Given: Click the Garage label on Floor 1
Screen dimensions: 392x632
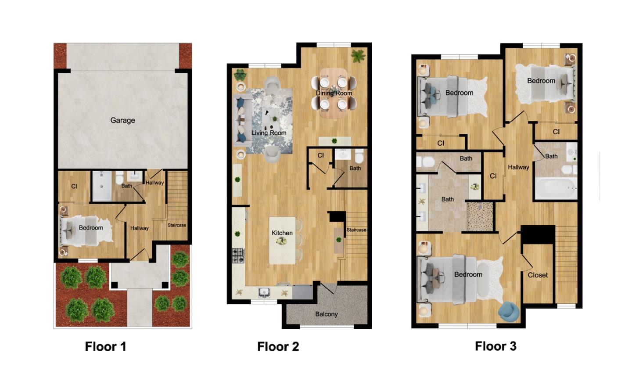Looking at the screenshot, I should [x=122, y=120].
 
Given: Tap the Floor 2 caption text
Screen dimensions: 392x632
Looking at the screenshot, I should [x=278, y=347].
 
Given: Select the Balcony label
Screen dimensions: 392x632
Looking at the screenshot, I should [x=326, y=314].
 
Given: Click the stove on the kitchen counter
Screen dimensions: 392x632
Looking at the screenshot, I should [x=238, y=255].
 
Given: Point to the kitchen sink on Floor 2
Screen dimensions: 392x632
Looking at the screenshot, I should [x=264, y=292].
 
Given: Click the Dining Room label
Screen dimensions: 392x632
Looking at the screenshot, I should [x=334, y=93].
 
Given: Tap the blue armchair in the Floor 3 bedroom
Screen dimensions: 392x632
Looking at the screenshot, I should [x=509, y=311].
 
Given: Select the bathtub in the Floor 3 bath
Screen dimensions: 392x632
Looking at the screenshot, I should [x=555, y=189].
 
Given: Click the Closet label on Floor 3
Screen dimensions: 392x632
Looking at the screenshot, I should [x=538, y=275].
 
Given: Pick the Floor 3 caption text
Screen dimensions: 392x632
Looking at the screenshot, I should [x=496, y=346].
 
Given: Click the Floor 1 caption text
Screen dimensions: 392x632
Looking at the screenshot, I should [x=105, y=347].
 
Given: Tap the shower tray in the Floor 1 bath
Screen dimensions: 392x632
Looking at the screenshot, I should [x=102, y=186].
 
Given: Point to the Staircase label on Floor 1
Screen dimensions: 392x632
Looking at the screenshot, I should [x=177, y=225].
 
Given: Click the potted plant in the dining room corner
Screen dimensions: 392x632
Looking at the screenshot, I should [x=359, y=56].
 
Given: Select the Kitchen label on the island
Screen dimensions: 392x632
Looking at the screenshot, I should [x=282, y=233].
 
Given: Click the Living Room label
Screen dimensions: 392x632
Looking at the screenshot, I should [x=269, y=133].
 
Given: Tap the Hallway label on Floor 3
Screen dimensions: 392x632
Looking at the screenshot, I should [x=518, y=167].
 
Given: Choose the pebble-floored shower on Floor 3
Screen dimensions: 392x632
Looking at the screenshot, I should [x=480, y=216].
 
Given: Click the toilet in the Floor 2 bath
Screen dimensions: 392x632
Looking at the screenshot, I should [x=359, y=156].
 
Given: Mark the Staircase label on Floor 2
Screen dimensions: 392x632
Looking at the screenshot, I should [x=356, y=230].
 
